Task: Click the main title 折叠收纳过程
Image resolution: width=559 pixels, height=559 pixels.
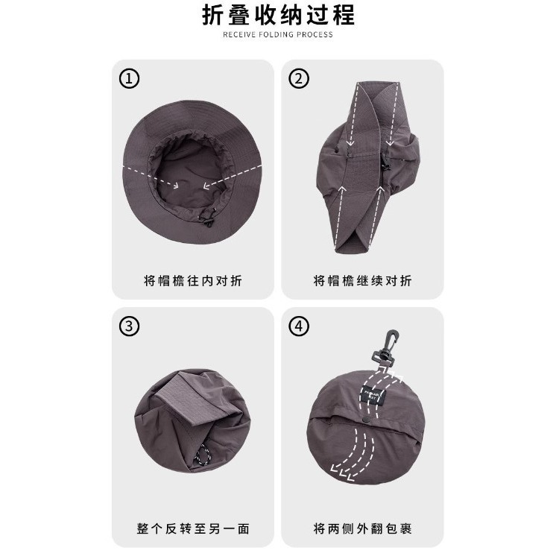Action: (279, 16)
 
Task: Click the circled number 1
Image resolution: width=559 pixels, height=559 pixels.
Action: (130, 78)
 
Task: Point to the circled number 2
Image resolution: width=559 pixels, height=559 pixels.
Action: (299, 78)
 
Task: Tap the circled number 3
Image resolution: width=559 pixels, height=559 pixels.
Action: (130, 326)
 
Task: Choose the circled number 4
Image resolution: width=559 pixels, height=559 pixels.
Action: (299, 326)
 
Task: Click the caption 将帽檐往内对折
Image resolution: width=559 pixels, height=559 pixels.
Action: (193, 281)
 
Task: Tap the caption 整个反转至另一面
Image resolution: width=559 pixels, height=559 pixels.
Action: (193, 528)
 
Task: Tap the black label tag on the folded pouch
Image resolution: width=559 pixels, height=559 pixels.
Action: (373, 395)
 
